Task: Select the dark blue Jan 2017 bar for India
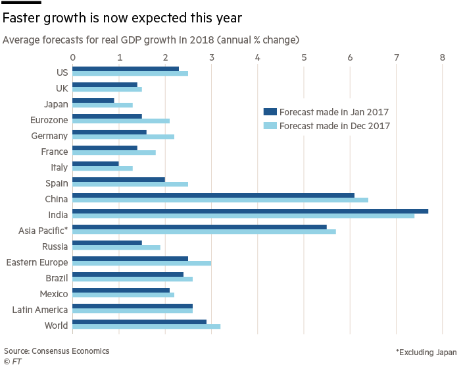(x=250, y=212)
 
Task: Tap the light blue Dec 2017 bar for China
(x=220, y=200)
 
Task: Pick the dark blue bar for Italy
(x=95, y=163)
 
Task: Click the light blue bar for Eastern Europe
(x=141, y=264)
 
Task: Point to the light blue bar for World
(x=146, y=327)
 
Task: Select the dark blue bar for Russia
(x=107, y=243)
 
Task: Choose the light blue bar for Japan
(x=102, y=105)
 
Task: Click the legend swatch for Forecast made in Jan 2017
(x=270, y=111)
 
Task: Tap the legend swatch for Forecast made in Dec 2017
(x=270, y=125)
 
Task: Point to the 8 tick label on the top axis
(x=443, y=58)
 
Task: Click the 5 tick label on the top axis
(x=304, y=58)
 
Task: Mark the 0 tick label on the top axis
(x=73, y=58)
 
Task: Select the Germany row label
(x=49, y=136)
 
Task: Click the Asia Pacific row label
(x=45, y=231)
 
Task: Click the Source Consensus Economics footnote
(x=55, y=351)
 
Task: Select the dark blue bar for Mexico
(x=120, y=291)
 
